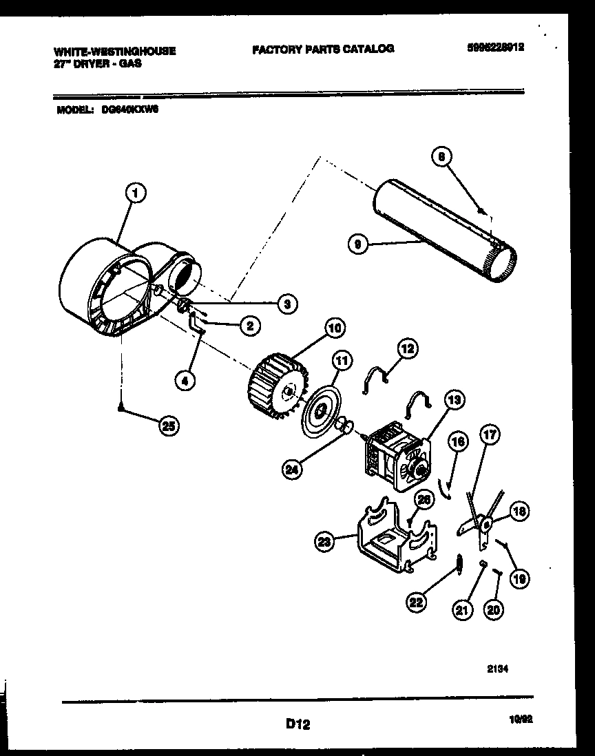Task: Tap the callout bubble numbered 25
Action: click(x=167, y=426)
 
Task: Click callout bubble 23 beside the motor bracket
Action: click(x=324, y=543)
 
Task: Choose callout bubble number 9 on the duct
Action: click(x=356, y=242)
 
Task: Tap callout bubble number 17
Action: click(x=490, y=435)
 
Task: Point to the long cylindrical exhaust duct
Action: click(x=441, y=231)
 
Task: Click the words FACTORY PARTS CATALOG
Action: click(x=323, y=49)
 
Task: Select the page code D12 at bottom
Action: click(x=297, y=724)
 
